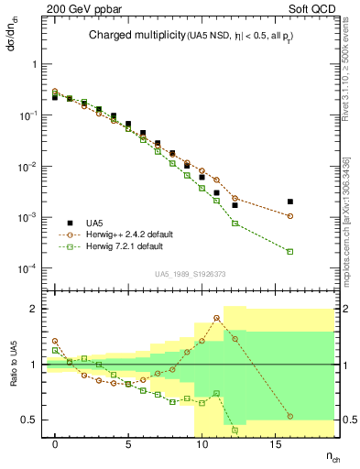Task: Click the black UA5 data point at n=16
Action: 289,202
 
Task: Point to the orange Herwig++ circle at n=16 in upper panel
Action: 289,216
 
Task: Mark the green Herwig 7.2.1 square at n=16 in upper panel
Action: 289,251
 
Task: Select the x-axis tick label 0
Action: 55,443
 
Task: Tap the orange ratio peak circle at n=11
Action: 216,318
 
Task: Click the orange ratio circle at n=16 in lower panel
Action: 289,416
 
